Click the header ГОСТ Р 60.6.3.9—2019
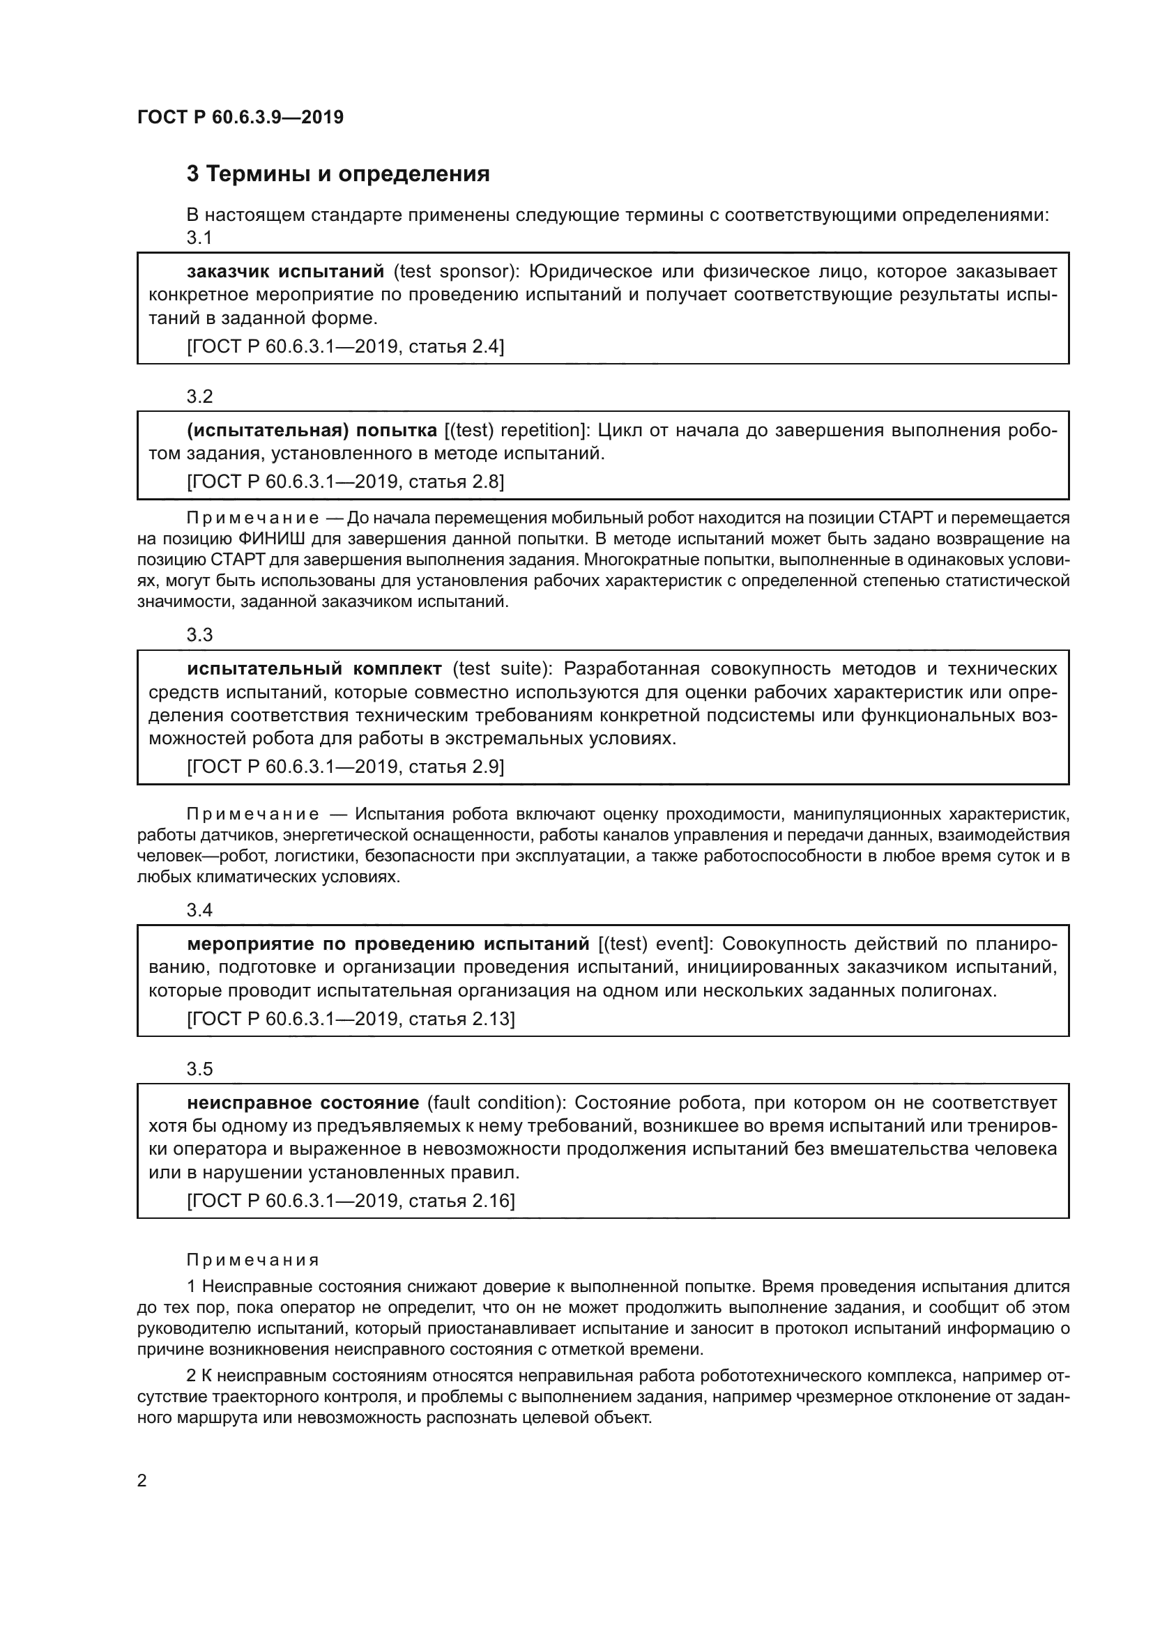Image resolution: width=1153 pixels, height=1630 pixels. point(240,117)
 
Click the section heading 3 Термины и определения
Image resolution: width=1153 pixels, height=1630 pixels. point(338,174)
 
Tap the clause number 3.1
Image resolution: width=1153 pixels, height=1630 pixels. point(199,238)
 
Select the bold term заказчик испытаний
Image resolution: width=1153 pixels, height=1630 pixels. point(285,271)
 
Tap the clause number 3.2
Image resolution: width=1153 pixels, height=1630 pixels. point(199,396)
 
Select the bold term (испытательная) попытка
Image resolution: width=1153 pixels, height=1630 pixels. point(312,430)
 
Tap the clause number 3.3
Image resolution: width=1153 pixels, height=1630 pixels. point(199,635)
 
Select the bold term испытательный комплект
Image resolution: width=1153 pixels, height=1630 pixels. point(314,669)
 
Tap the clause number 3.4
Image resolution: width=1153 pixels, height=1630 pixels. point(199,910)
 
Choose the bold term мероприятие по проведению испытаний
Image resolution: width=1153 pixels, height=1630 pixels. point(388,944)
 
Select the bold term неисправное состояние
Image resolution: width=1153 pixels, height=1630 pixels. point(303,1102)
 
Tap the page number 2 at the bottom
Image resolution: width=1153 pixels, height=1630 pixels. point(142,1481)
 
